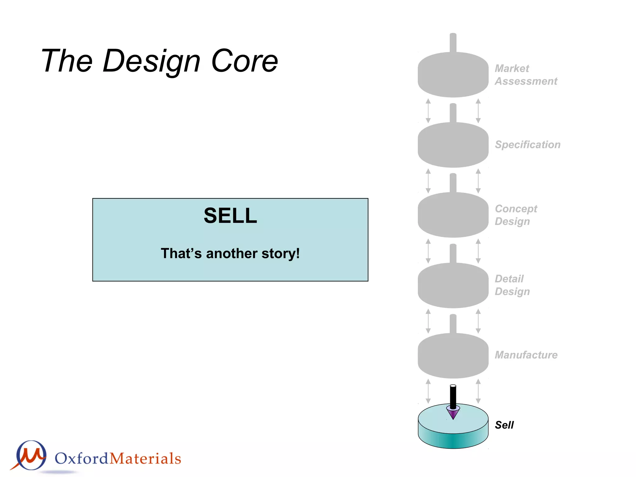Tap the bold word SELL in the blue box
tap(230, 216)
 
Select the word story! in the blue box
tap(281, 253)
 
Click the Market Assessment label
tap(525, 75)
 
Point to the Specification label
tap(527, 145)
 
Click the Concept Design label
tap(516, 215)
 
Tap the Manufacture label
tap(526, 355)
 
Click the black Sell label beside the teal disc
tap(504, 425)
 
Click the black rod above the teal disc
tap(453, 396)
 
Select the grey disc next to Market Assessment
tap(453, 76)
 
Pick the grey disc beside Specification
tap(453, 146)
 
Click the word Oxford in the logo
tap(81, 459)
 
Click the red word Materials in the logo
tap(145, 459)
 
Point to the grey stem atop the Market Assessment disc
tap(453, 43)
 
